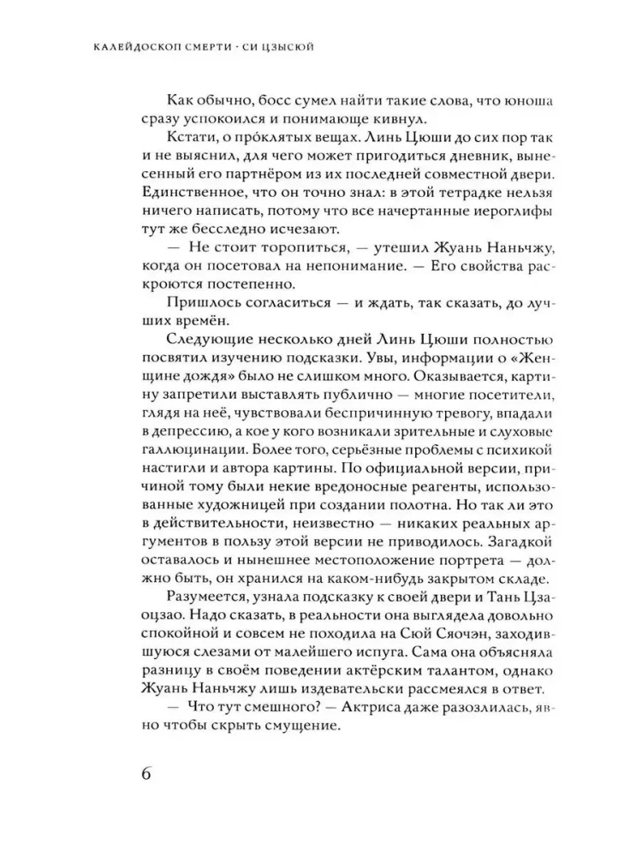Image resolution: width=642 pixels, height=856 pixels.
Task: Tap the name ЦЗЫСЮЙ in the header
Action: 280,46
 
